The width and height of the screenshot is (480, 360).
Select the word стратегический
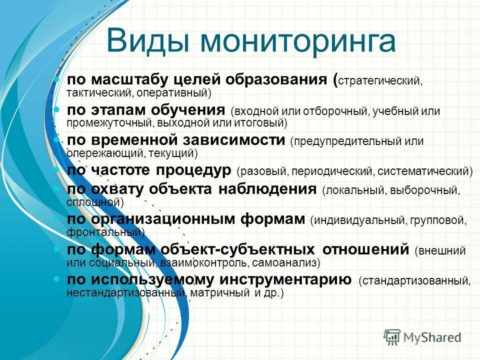(x=380, y=81)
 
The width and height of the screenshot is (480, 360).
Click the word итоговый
(x=262, y=122)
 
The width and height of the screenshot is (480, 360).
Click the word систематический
(x=425, y=171)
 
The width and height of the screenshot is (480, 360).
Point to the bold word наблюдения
(x=267, y=189)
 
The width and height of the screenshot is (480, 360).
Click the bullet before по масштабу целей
(x=57, y=79)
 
